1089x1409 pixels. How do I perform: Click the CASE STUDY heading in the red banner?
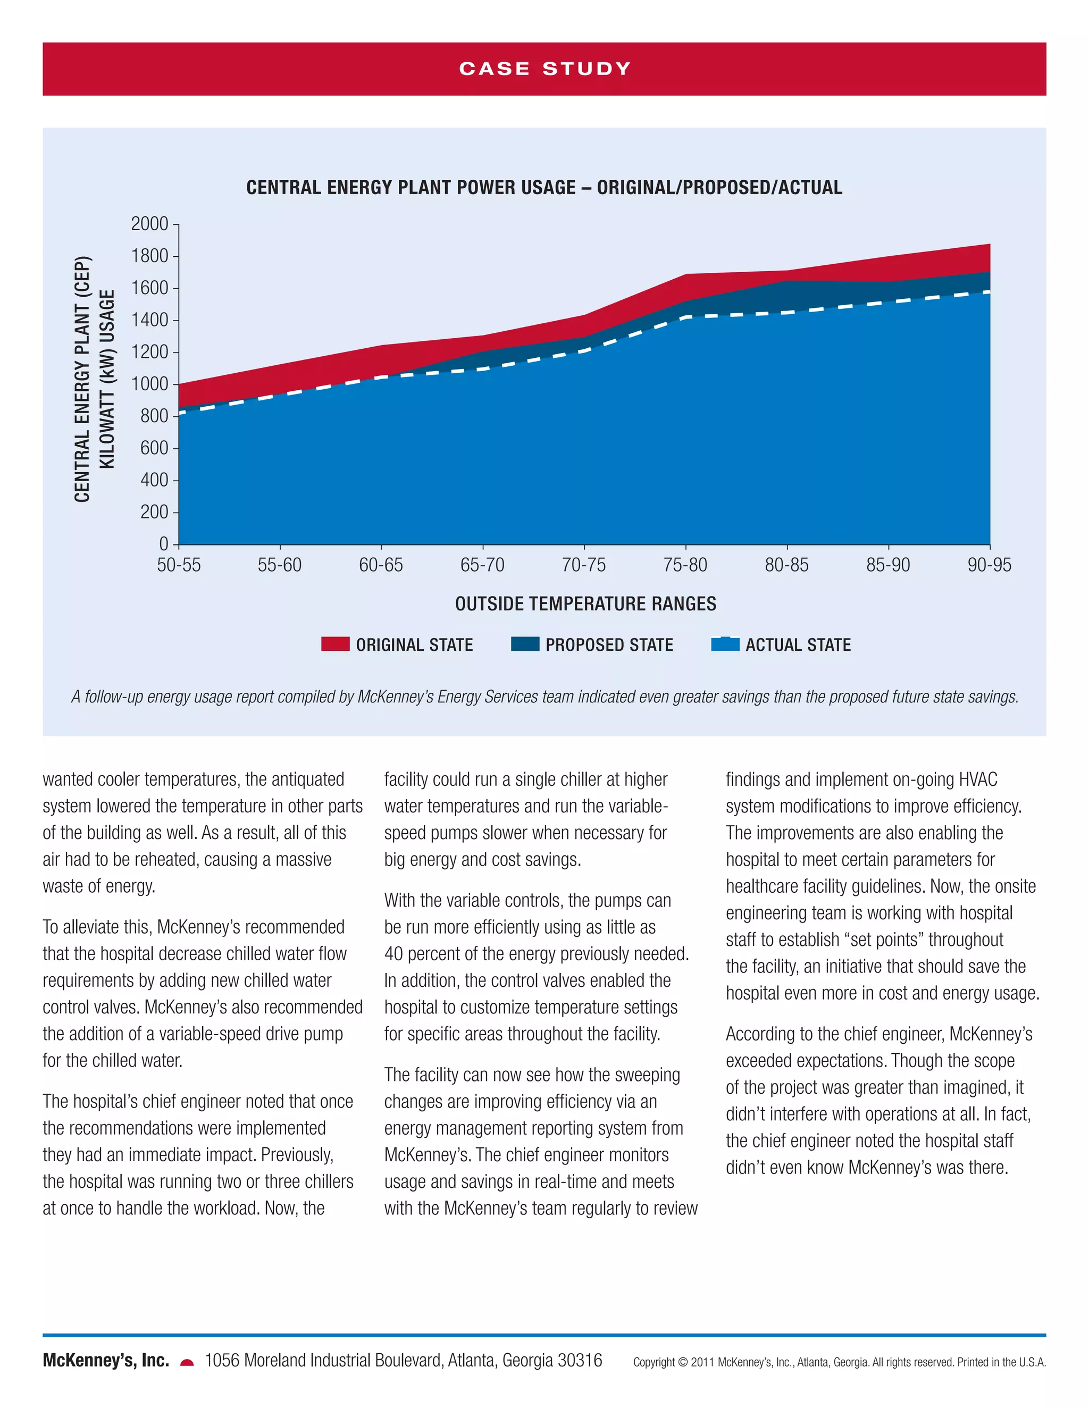(x=544, y=69)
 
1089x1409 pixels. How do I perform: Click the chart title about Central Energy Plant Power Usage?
(x=544, y=188)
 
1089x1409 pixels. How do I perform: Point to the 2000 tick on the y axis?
(x=149, y=224)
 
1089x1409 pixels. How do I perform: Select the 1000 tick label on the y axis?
(x=149, y=384)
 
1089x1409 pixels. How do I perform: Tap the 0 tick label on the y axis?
(x=164, y=544)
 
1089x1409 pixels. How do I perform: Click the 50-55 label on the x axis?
(x=179, y=565)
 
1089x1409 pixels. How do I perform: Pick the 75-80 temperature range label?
(x=685, y=565)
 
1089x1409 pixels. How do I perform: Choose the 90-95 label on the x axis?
(x=989, y=565)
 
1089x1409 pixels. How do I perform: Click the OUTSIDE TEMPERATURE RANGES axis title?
(x=585, y=604)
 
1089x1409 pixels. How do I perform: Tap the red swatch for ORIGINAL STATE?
(x=335, y=644)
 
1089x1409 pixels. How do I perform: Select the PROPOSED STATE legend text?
(x=609, y=644)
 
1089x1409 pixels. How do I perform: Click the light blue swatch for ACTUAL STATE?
(x=725, y=644)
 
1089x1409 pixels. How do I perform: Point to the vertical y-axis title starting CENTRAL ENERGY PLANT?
(x=94, y=379)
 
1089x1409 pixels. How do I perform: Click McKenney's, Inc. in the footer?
(x=106, y=1361)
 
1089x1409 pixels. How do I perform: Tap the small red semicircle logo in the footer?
(x=187, y=1363)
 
